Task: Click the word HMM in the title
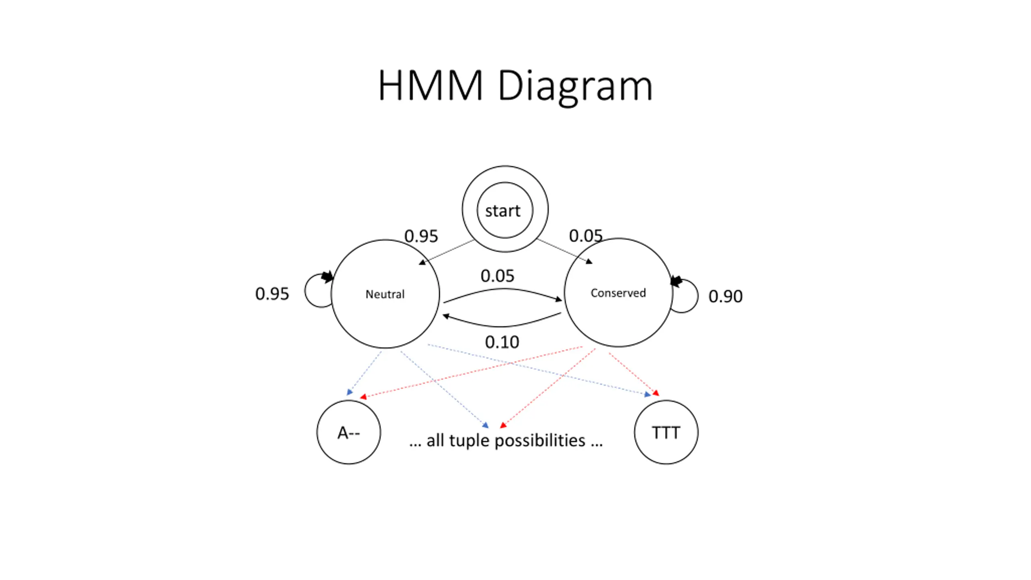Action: click(x=430, y=85)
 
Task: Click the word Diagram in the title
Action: click(x=575, y=86)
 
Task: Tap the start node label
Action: click(x=503, y=211)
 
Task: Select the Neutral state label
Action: click(x=385, y=294)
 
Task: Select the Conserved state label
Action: click(x=618, y=293)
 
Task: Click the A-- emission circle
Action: click(x=348, y=432)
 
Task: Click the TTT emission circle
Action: click(x=666, y=432)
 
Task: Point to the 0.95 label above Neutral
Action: click(x=421, y=236)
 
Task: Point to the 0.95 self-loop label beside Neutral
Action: click(x=272, y=294)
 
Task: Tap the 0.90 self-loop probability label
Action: click(x=725, y=296)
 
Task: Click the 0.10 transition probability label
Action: click(x=502, y=342)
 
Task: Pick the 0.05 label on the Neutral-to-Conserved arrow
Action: click(x=497, y=276)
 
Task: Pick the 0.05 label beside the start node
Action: click(x=586, y=236)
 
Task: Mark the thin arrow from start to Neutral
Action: click(x=447, y=252)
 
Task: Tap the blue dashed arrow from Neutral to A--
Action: click(x=364, y=373)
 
